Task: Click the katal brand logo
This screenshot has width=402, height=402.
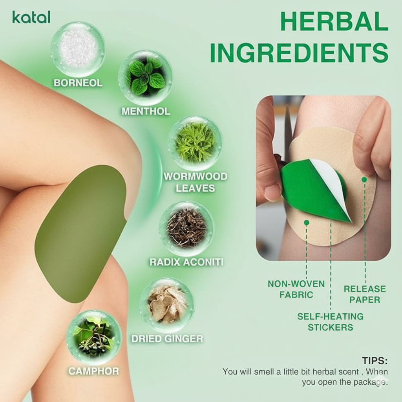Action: (x=31, y=17)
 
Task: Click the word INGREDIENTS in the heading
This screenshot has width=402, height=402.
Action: (x=299, y=53)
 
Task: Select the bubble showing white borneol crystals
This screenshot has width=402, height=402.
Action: (x=78, y=49)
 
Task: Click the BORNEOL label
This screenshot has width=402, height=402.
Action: (x=78, y=83)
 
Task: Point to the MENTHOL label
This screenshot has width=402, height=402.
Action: (x=146, y=111)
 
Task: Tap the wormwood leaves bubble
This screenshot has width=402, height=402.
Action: (x=195, y=143)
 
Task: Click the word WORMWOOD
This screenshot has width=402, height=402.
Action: (x=196, y=176)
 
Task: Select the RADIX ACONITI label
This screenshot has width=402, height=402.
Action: (x=186, y=262)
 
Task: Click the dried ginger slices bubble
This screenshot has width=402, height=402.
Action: (x=166, y=305)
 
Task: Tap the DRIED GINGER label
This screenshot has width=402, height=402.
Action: (x=167, y=339)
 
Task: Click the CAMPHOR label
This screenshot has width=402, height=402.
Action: (x=93, y=371)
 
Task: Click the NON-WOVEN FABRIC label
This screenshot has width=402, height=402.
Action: (x=296, y=289)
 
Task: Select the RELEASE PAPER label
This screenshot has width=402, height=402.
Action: (x=365, y=294)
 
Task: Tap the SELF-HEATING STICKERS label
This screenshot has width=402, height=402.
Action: (x=330, y=322)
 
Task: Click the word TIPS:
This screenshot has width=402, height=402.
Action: (x=375, y=360)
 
